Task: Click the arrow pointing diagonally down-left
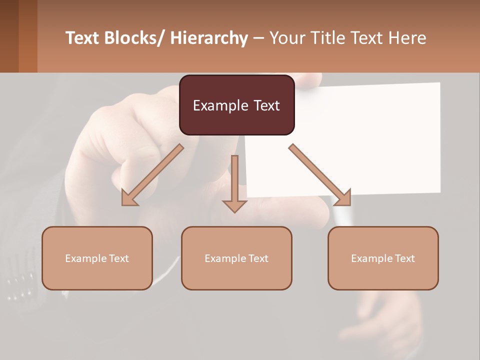tap(152, 175)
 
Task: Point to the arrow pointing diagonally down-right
tap(320, 175)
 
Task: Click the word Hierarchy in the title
tap(208, 38)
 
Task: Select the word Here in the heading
tap(407, 38)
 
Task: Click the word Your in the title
tap(286, 38)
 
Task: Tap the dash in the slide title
tap(258, 38)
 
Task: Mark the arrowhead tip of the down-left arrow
tap(123, 204)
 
